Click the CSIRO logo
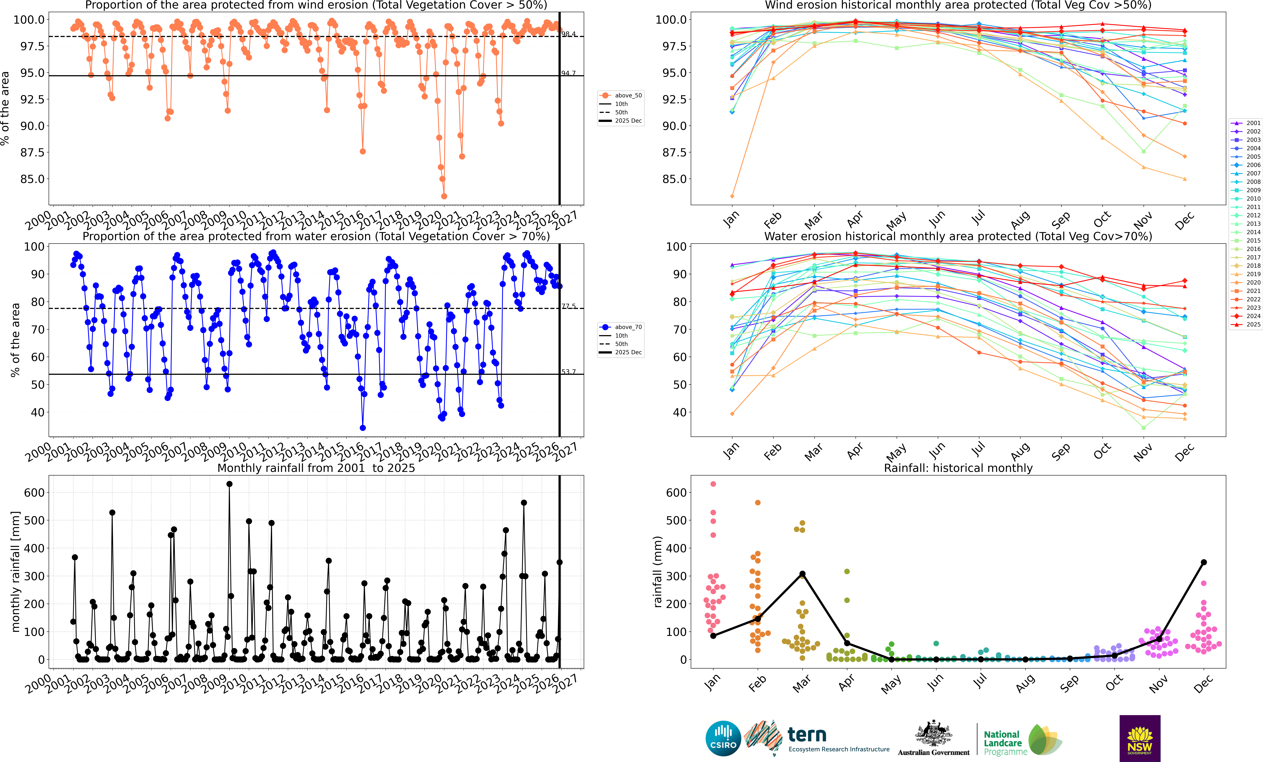[x=723, y=738]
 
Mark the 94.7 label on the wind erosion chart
[x=569, y=73]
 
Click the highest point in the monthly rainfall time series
[x=229, y=484]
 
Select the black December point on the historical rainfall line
[x=1204, y=562]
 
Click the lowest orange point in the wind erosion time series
[x=444, y=196]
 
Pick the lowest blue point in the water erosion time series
[x=362, y=428]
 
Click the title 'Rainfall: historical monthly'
[x=958, y=468]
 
